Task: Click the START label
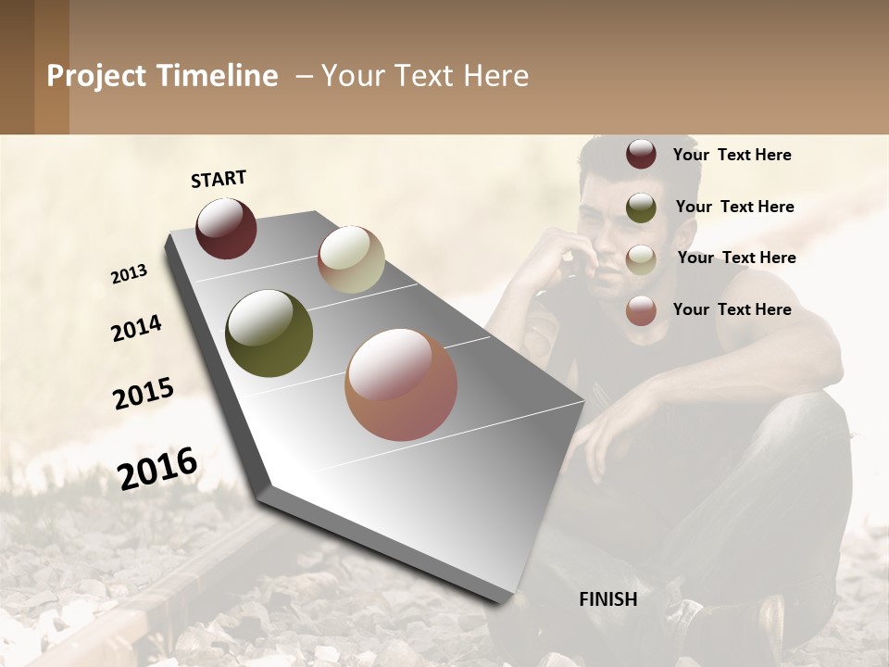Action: coord(219,179)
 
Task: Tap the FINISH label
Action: coord(608,599)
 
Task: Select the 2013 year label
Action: coord(130,274)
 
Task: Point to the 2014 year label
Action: coord(137,329)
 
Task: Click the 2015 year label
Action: coord(144,394)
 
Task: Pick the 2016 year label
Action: coord(158,468)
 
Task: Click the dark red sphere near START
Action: coord(226,228)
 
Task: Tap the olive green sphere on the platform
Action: coord(269,333)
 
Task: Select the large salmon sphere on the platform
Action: coord(401,384)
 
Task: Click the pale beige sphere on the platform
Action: coord(351,259)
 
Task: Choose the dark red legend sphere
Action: coord(641,155)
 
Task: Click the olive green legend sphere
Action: coord(641,207)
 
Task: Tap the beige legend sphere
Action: coord(641,258)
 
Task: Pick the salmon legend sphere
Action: coord(641,310)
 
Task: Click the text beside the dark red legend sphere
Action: coord(732,155)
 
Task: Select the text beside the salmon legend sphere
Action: coord(732,309)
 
